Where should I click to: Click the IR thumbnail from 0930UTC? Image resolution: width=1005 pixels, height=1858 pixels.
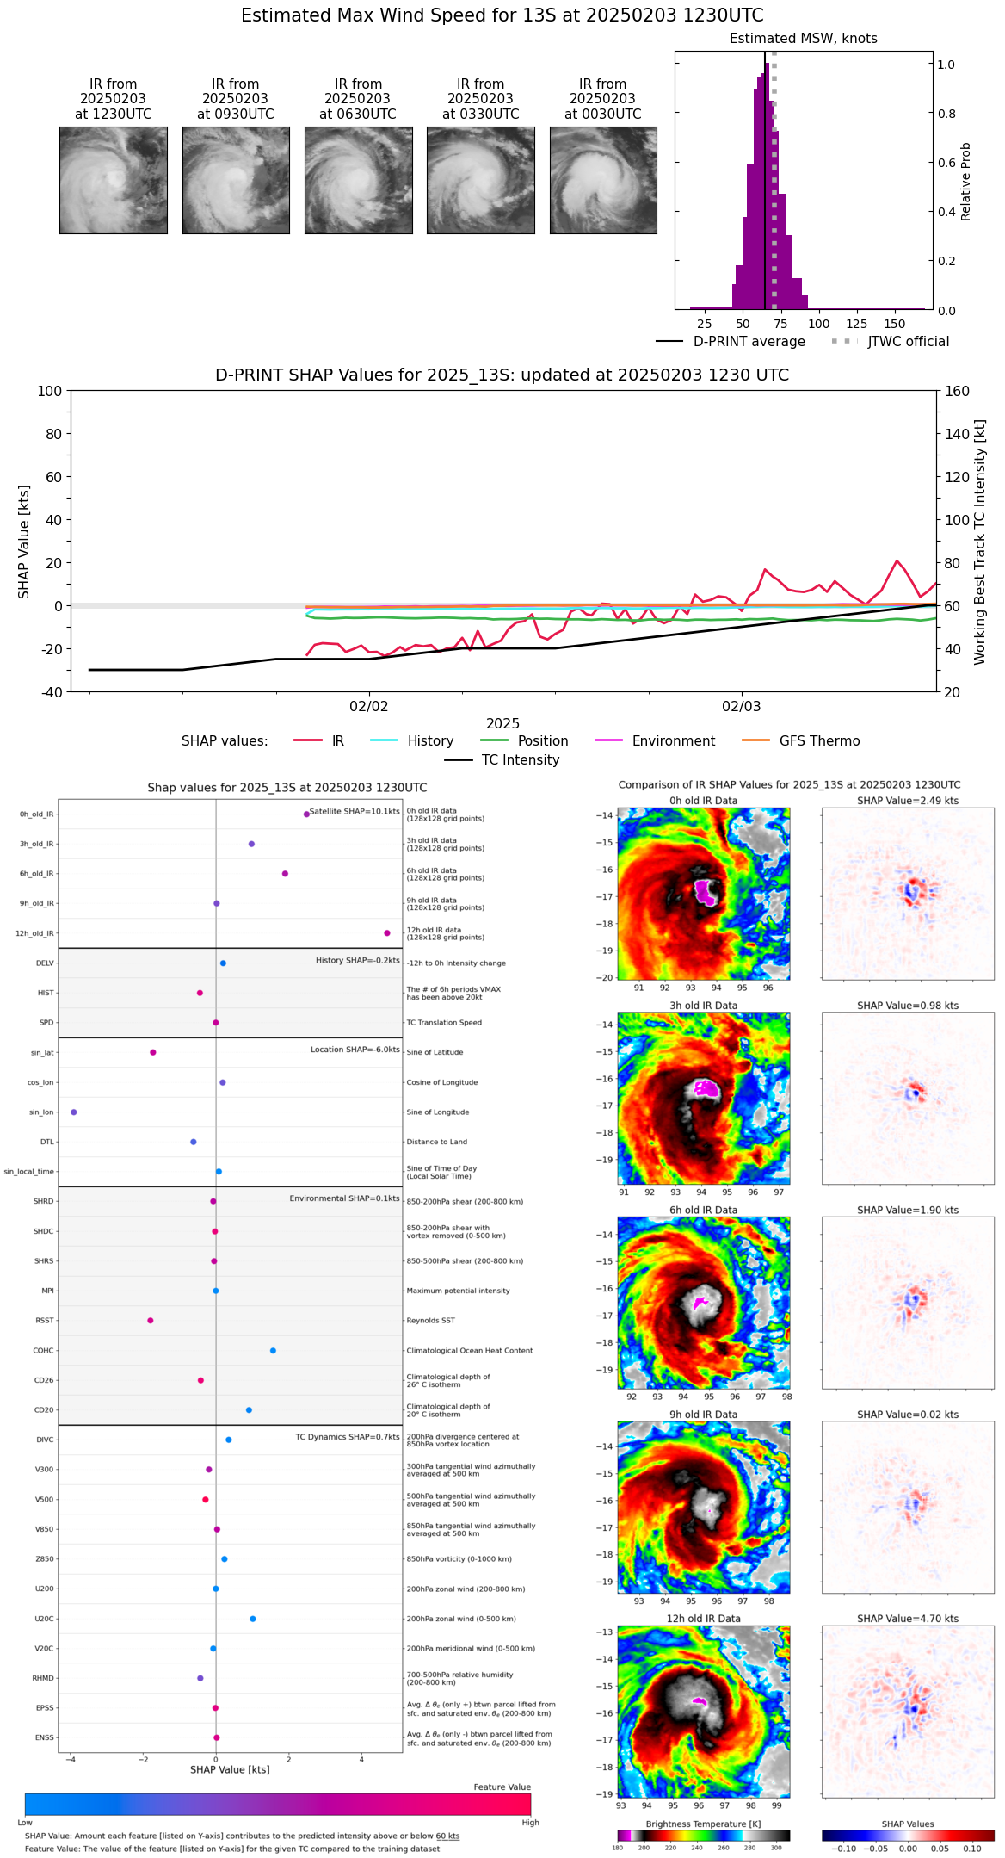click(x=236, y=180)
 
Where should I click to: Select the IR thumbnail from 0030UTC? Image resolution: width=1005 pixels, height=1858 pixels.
click(x=603, y=180)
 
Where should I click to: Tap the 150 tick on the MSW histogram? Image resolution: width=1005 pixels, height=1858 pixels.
click(x=895, y=324)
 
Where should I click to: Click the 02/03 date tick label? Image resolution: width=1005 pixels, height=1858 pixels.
click(x=741, y=707)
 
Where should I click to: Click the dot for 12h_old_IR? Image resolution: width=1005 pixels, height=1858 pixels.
click(x=387, y=933)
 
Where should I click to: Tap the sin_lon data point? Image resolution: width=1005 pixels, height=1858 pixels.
click(x=74, y=1112)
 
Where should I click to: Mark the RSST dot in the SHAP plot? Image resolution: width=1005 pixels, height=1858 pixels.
click(x=151, y=1321)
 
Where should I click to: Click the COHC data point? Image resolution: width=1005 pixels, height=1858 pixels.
click(x=273, y=1351)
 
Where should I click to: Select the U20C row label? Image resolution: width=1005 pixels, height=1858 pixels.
click(x=44, y=1619)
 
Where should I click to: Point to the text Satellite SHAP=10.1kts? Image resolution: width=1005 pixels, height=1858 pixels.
click(x=355, y=812)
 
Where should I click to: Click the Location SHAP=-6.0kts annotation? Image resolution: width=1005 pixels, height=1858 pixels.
click(x=355, y=1050)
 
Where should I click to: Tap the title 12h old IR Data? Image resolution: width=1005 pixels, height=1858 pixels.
click(x=703, y=1619)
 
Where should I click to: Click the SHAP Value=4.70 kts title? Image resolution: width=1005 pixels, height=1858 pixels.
click(x=907, y=1619)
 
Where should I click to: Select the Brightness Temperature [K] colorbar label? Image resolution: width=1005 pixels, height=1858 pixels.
click(x=703, y=1824)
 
